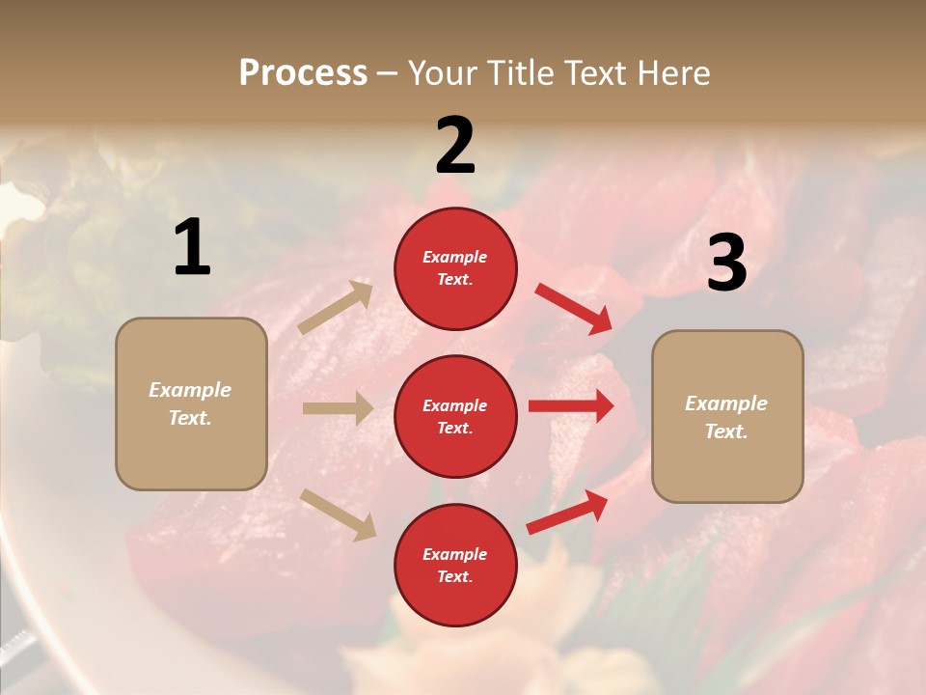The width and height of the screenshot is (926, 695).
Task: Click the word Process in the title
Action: tap(303, 73)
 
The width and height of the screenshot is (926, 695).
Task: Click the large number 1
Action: tap(192, 248)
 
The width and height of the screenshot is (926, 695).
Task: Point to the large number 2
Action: tap(455, 146)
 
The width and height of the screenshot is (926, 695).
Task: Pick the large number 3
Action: tap(726, 264)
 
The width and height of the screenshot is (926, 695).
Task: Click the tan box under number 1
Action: tap(191, 403)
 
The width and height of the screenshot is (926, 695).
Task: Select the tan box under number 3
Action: tap(727, 416)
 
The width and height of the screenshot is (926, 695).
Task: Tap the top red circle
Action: tap(455, 267)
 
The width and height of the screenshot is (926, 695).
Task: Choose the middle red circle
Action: tap(455, 416)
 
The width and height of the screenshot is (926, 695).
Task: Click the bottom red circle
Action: tap(455, 565)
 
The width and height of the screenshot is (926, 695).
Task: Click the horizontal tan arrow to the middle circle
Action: tap(338, 408)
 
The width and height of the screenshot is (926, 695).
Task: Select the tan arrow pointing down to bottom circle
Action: tap(338, 514)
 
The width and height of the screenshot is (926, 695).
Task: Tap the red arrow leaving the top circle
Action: tap(574, 309)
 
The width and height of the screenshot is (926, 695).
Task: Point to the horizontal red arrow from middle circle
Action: tap(571, 406)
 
